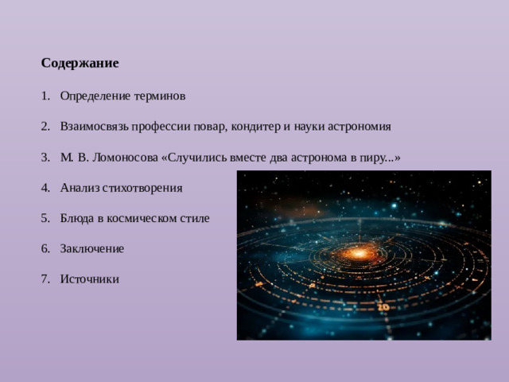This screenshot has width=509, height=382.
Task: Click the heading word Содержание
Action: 80,62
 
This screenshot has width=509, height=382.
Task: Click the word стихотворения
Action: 149,189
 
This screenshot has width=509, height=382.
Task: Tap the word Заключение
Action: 91,248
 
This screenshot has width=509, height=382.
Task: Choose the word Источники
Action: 89,279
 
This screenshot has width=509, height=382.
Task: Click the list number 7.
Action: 45,279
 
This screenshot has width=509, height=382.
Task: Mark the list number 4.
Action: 45,189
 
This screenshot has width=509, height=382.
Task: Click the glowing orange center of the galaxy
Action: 359,253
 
